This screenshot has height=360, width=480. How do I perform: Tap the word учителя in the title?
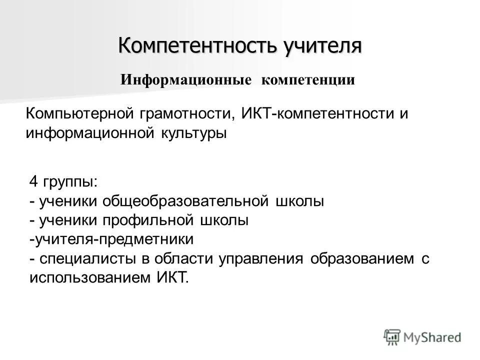click(x=323, y=46)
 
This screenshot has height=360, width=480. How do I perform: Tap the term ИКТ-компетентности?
click(x=319, y=113)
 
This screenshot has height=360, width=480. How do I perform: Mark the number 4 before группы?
click(x=33, y=182)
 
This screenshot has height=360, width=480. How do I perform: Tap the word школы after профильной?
click(x=224, y=220)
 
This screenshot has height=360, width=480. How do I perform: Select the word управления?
click(x=260, y=258)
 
